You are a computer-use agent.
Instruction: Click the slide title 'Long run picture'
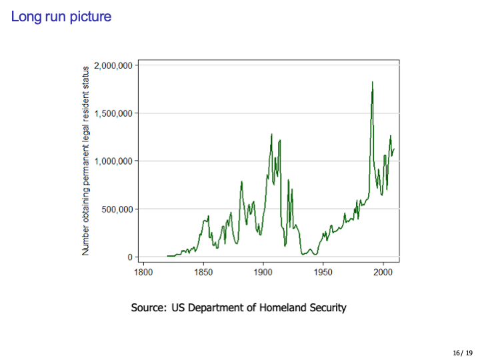[x=61, y=16]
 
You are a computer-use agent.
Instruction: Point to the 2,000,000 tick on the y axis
[x=115, y=65]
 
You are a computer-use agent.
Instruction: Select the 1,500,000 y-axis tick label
[x=115, y=113]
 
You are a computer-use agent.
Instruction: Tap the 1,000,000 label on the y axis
[x=115, y=161]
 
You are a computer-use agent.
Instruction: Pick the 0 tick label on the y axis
[x=131, y=257]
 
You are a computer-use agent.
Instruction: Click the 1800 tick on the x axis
[x=143, y=273]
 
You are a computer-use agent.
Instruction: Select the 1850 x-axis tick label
[x=203, y=273]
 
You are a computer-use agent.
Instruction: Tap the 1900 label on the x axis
[x=263, y=273]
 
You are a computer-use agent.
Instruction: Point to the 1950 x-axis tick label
[x=323, y=273]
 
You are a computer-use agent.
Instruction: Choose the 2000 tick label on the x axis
[x=383, y=273]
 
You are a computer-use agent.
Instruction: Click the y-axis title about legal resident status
[x=85, y=161]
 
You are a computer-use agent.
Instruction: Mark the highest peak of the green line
[x=372, y=82]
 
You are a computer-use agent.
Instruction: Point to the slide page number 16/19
[x=462, y=352]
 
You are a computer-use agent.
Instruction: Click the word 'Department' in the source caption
[x=223, y=307]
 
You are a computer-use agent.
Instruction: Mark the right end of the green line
[x=394, y=149]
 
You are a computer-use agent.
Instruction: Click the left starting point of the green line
[x=167, y=256]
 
